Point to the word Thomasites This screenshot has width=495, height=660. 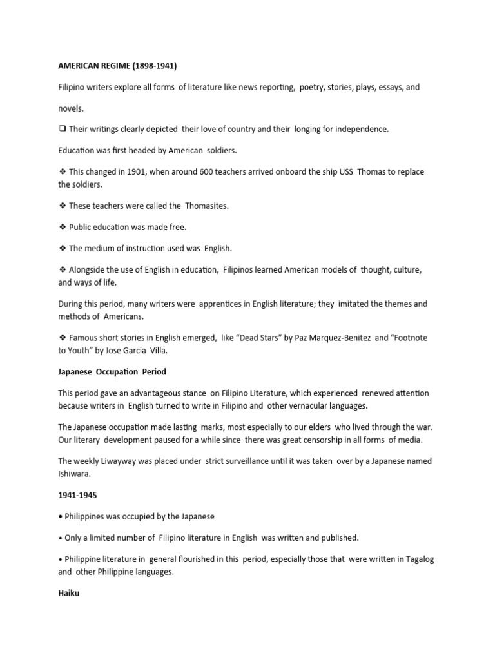[x=207, y=206]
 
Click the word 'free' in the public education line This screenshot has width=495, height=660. [x=175, y=227]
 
